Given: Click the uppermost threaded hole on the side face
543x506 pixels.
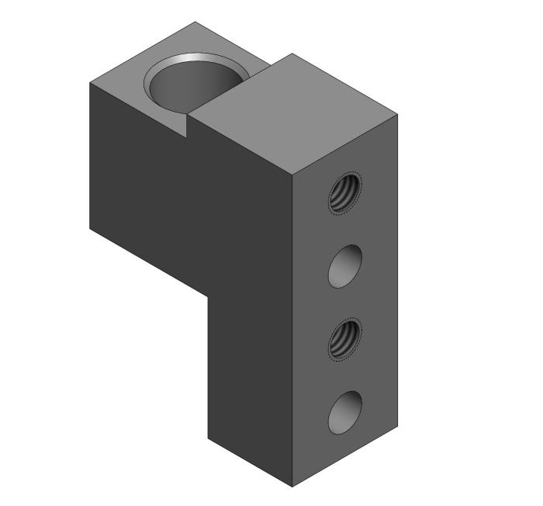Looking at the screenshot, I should click(345, 192).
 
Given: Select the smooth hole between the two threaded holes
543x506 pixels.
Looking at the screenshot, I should click(345, 266).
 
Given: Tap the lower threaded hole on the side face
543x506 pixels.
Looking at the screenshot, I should click(345, 340).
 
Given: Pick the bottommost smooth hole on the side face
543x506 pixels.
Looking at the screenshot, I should click(345, 413).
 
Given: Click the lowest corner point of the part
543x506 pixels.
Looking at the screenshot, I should click(292, 487).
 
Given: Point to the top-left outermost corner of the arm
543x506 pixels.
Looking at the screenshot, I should click(91, 82).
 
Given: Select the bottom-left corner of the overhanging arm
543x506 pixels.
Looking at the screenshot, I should click(91, 230).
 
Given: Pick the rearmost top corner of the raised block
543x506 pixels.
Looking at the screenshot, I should click(292, 54).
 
